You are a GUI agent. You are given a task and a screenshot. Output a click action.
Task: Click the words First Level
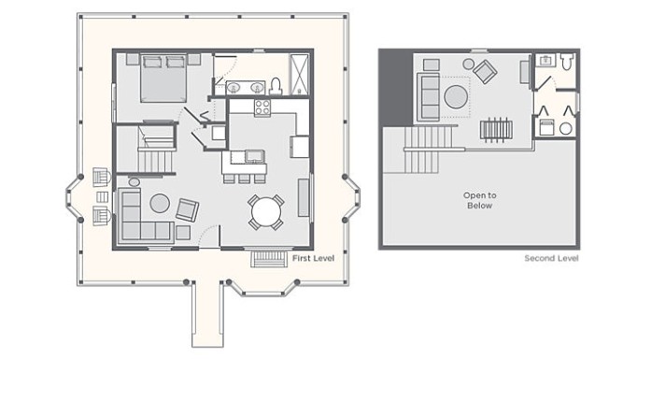[313, 258]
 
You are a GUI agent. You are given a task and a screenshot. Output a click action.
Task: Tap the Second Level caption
[551, 258]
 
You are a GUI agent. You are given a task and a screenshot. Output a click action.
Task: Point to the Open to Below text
[479, 200]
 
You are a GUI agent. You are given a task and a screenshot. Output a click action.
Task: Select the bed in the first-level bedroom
[163, 78]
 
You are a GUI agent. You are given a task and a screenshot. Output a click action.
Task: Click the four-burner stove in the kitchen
[262, 108]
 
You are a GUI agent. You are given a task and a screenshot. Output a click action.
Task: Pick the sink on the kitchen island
[254, 156]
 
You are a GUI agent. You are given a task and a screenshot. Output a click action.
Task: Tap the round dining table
[266, 211]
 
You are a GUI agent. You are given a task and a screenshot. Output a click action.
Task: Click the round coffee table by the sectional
[160, 204]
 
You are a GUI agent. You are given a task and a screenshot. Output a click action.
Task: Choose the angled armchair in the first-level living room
[187, 210]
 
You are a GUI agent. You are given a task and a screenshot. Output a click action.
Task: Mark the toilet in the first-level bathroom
[276, 86]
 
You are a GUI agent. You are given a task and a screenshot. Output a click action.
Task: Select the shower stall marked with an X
[299, 75]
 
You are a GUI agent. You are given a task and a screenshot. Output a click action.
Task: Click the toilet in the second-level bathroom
[567, 61]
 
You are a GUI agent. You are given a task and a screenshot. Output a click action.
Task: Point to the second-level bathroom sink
[545, 61]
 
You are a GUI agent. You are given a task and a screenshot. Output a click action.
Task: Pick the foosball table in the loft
[496, 130]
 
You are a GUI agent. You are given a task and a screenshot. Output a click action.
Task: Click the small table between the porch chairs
[102, 196]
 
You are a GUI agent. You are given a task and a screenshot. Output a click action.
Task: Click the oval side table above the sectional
[134, 182]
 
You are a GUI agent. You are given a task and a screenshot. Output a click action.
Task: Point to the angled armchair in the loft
[485, 71]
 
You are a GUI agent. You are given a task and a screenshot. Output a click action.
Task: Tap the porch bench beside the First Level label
[269, 259]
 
